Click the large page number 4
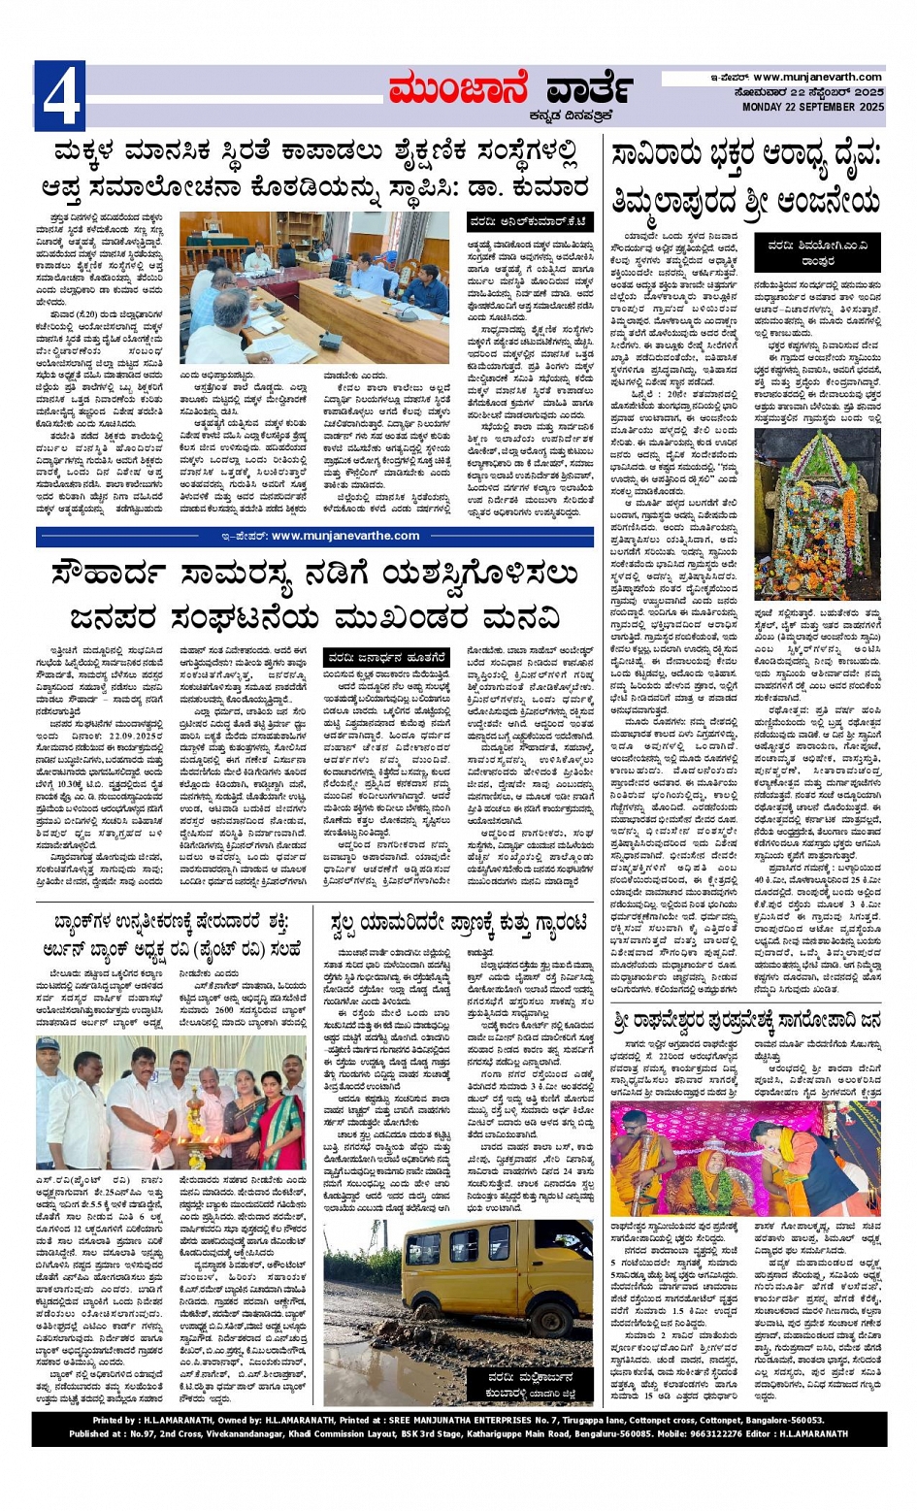(59, 95)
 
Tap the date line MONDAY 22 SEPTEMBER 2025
(812, 108)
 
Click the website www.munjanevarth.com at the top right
(817, 78)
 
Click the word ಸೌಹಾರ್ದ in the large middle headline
(125, 575)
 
